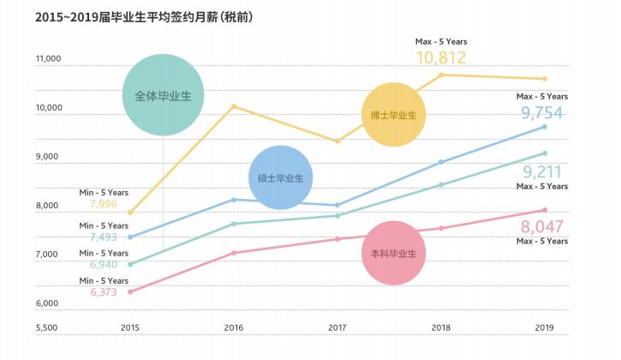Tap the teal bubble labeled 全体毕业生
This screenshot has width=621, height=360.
163,94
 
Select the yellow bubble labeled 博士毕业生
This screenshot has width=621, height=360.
393,115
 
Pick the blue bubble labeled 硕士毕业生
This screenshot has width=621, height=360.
280,177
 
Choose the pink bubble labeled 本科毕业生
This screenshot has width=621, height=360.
393,253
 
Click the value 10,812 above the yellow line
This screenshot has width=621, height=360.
441,58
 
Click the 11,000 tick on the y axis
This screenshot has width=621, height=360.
48,59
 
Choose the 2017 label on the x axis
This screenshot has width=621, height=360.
337,327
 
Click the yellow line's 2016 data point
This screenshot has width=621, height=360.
234,106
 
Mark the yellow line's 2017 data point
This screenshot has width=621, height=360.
337,141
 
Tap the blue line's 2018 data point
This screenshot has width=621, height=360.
441,162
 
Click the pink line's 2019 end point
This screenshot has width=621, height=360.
545,210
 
